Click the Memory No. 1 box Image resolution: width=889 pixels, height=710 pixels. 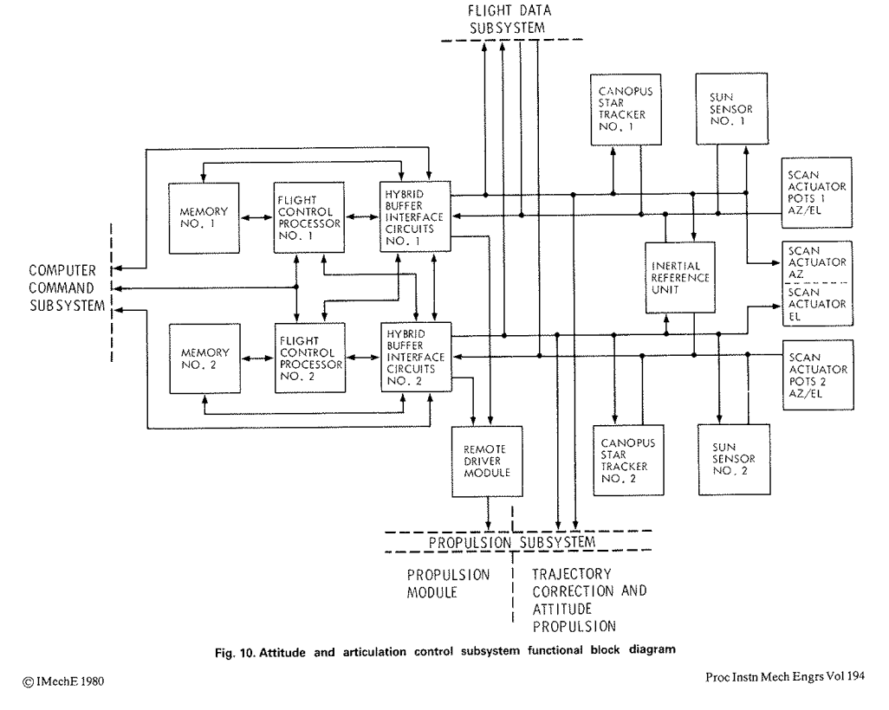(x=204, y=218)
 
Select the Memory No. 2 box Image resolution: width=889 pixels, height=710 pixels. (x=205, y=358)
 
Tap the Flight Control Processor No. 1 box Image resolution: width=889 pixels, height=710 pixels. (x=309, y=217)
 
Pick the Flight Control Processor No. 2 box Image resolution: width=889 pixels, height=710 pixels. (x=310, y=358)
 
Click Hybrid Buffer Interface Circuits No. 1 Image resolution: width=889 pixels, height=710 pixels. (x=416, y=216)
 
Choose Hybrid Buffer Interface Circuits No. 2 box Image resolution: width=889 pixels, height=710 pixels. (x=417, y=357)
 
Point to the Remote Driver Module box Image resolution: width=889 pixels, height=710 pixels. (x=487, y=461)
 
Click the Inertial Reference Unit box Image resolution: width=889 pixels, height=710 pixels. (x=680, y=278)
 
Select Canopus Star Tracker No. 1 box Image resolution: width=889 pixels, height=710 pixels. (x=626, y=109)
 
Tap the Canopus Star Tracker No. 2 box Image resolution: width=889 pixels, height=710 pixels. (x=629, y=461)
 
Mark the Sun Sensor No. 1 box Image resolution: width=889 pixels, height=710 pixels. (x=732, y=109)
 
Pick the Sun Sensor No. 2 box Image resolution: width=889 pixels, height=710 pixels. (x=734, y=460)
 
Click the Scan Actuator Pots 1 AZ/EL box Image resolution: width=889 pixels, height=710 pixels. (x=817, y=193)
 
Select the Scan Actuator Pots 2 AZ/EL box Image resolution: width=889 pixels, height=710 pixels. (x=818, y=375)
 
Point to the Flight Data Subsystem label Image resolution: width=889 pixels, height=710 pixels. (x=508, y=19)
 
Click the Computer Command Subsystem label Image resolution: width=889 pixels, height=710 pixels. (x=67, y=287)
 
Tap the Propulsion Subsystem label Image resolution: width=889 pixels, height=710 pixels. (x=512, y=542)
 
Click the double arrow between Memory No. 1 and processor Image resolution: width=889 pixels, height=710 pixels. (x=256, y=217)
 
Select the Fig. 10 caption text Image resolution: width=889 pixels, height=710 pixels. (x=445, y=651)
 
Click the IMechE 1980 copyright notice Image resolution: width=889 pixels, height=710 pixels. (x=63, y=681)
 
